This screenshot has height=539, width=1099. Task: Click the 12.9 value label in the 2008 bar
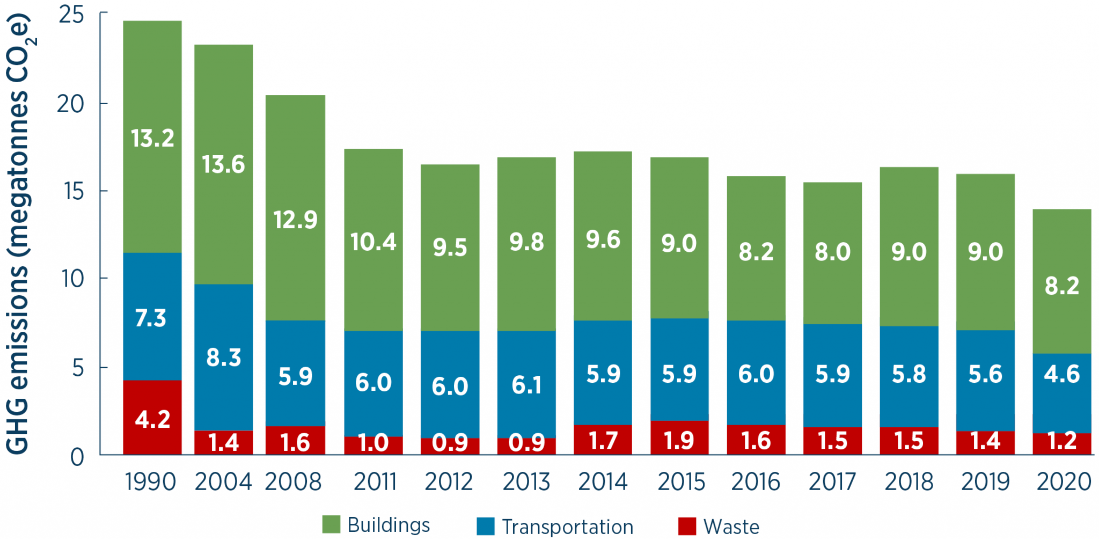click(x=295, y=220)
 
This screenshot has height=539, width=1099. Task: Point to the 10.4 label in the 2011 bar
click(x=373, y=242)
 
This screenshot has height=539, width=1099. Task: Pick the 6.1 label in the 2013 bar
click(x=526, y=385)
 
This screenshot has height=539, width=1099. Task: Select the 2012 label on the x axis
click(x=449, y=482)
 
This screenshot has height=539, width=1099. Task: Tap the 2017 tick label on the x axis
click(x=832, y=482)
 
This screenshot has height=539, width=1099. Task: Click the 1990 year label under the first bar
click(x=151, y=482)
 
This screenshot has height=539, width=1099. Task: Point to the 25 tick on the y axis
click(x=71, y=15)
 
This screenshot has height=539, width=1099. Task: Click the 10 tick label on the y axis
click(x=72, y=279)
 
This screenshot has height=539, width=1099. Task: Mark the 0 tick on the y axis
click(x=77, y=457)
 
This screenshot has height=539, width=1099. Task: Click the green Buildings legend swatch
click(x=331, y=525)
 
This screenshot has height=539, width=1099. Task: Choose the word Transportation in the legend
click(x=568, y=527)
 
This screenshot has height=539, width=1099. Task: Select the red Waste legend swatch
click(x=687, y=526)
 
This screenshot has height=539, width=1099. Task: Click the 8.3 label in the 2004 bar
click(x=223, y=358)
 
